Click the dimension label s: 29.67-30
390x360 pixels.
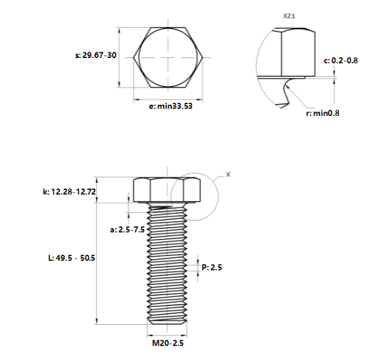tap(96, 55)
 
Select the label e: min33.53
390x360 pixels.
tap(171, 106)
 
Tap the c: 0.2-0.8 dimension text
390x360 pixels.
tap(340, 61)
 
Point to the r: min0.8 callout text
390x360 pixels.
tap(323, 113)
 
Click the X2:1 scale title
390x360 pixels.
tap(289, 16)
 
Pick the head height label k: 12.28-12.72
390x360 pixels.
tap(69, 192)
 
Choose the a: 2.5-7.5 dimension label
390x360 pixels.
tap(127, 229)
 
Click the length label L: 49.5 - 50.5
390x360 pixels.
tap(72, 258)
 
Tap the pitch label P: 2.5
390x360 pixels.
tap(212, 267)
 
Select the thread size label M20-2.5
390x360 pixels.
tap(168, 344)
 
